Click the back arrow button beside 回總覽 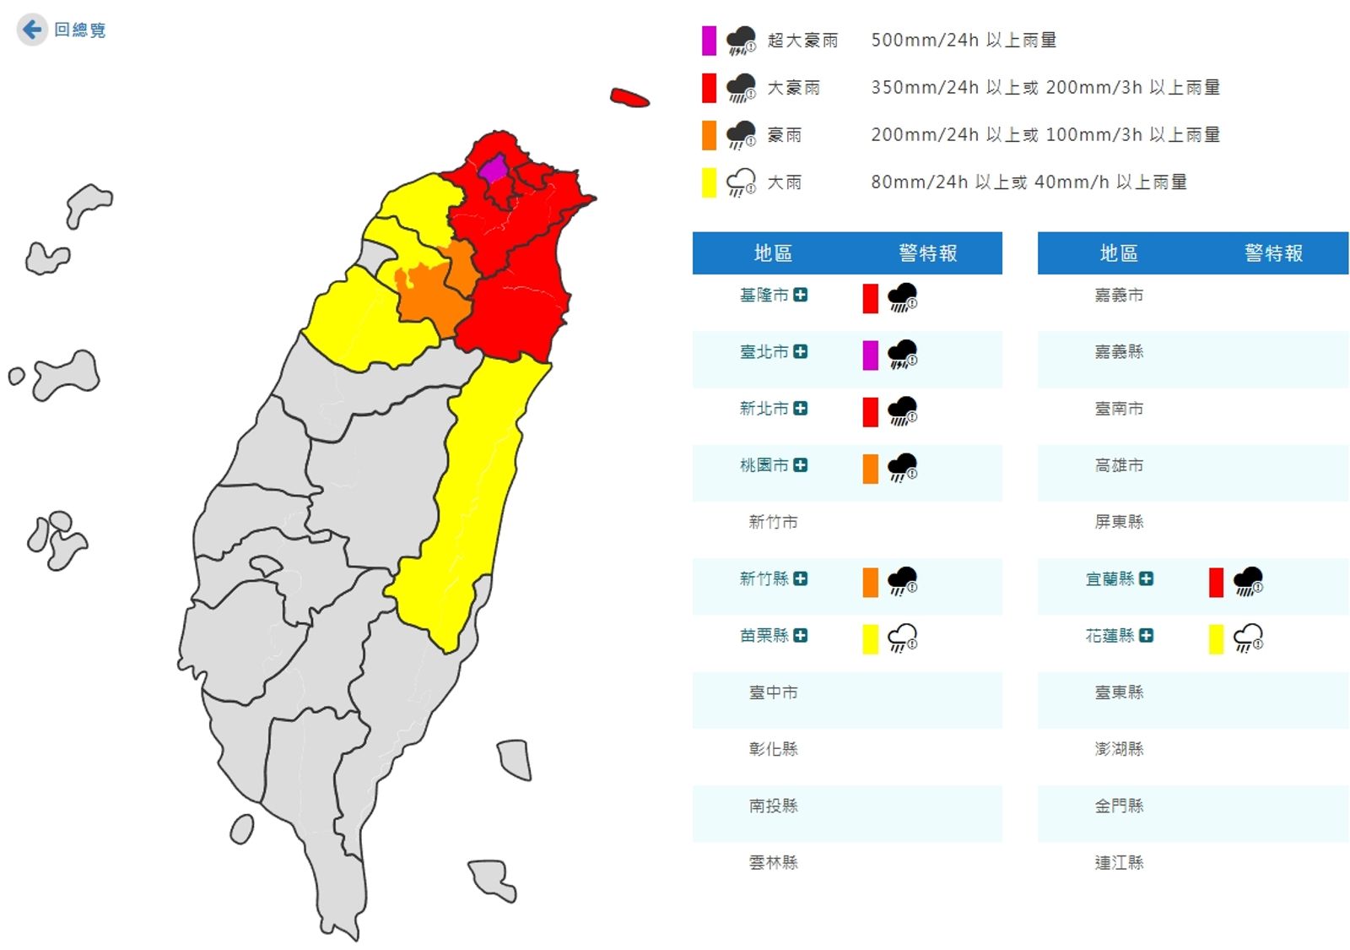click(32, 30)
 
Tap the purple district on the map click(494, 169)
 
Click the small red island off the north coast click(629, 98)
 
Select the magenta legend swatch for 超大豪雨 click(709, 41)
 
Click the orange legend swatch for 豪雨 click(709, 135)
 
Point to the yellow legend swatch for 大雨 click(709, 182)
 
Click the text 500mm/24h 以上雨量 click(964, 41)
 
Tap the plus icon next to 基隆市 click(801, 295)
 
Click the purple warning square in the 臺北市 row click(870, 356)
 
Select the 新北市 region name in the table click(764, 409)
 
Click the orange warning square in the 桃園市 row click(870, 469)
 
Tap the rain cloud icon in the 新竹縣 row click(903, 581)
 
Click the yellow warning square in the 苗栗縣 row click(870, 639)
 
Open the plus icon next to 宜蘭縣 click(1146, 578)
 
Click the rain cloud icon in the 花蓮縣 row click(1248, 638)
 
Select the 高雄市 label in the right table click(1119, 465)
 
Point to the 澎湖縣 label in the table click(1119, 749)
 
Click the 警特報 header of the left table click(927, 253)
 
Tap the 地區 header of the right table click(1119, 253)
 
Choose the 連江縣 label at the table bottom click(1119, 862)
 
